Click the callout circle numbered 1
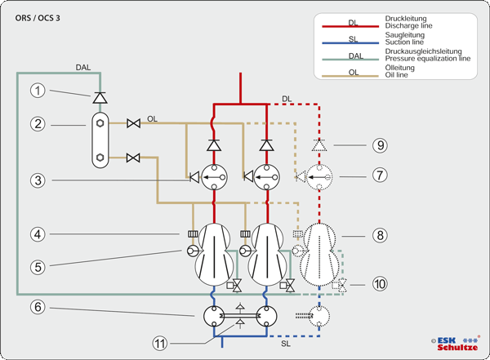coord(37,91)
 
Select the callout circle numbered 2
coord(37,124)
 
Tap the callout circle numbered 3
coord(37,179)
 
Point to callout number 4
coord(37,235)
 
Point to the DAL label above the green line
coord(83,66)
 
